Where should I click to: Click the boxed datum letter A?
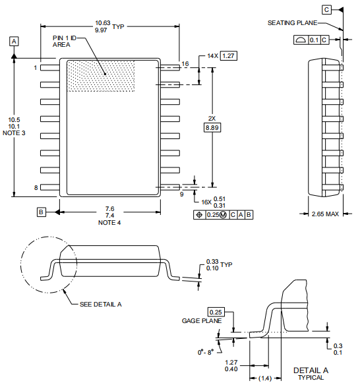[15, 41]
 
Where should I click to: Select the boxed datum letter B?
[41, 212]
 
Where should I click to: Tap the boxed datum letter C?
[326, 9]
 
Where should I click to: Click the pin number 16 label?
[185, 64]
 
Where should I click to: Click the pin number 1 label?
[35, 67]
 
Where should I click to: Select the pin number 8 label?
[35, 187]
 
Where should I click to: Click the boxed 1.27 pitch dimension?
[227, 55]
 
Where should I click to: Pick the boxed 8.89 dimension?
[212, 127]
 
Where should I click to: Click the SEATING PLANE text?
[292, 22]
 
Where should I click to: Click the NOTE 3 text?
[14, 133]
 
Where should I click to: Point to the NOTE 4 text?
[109, 223]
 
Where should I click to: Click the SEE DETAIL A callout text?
[100, 304]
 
